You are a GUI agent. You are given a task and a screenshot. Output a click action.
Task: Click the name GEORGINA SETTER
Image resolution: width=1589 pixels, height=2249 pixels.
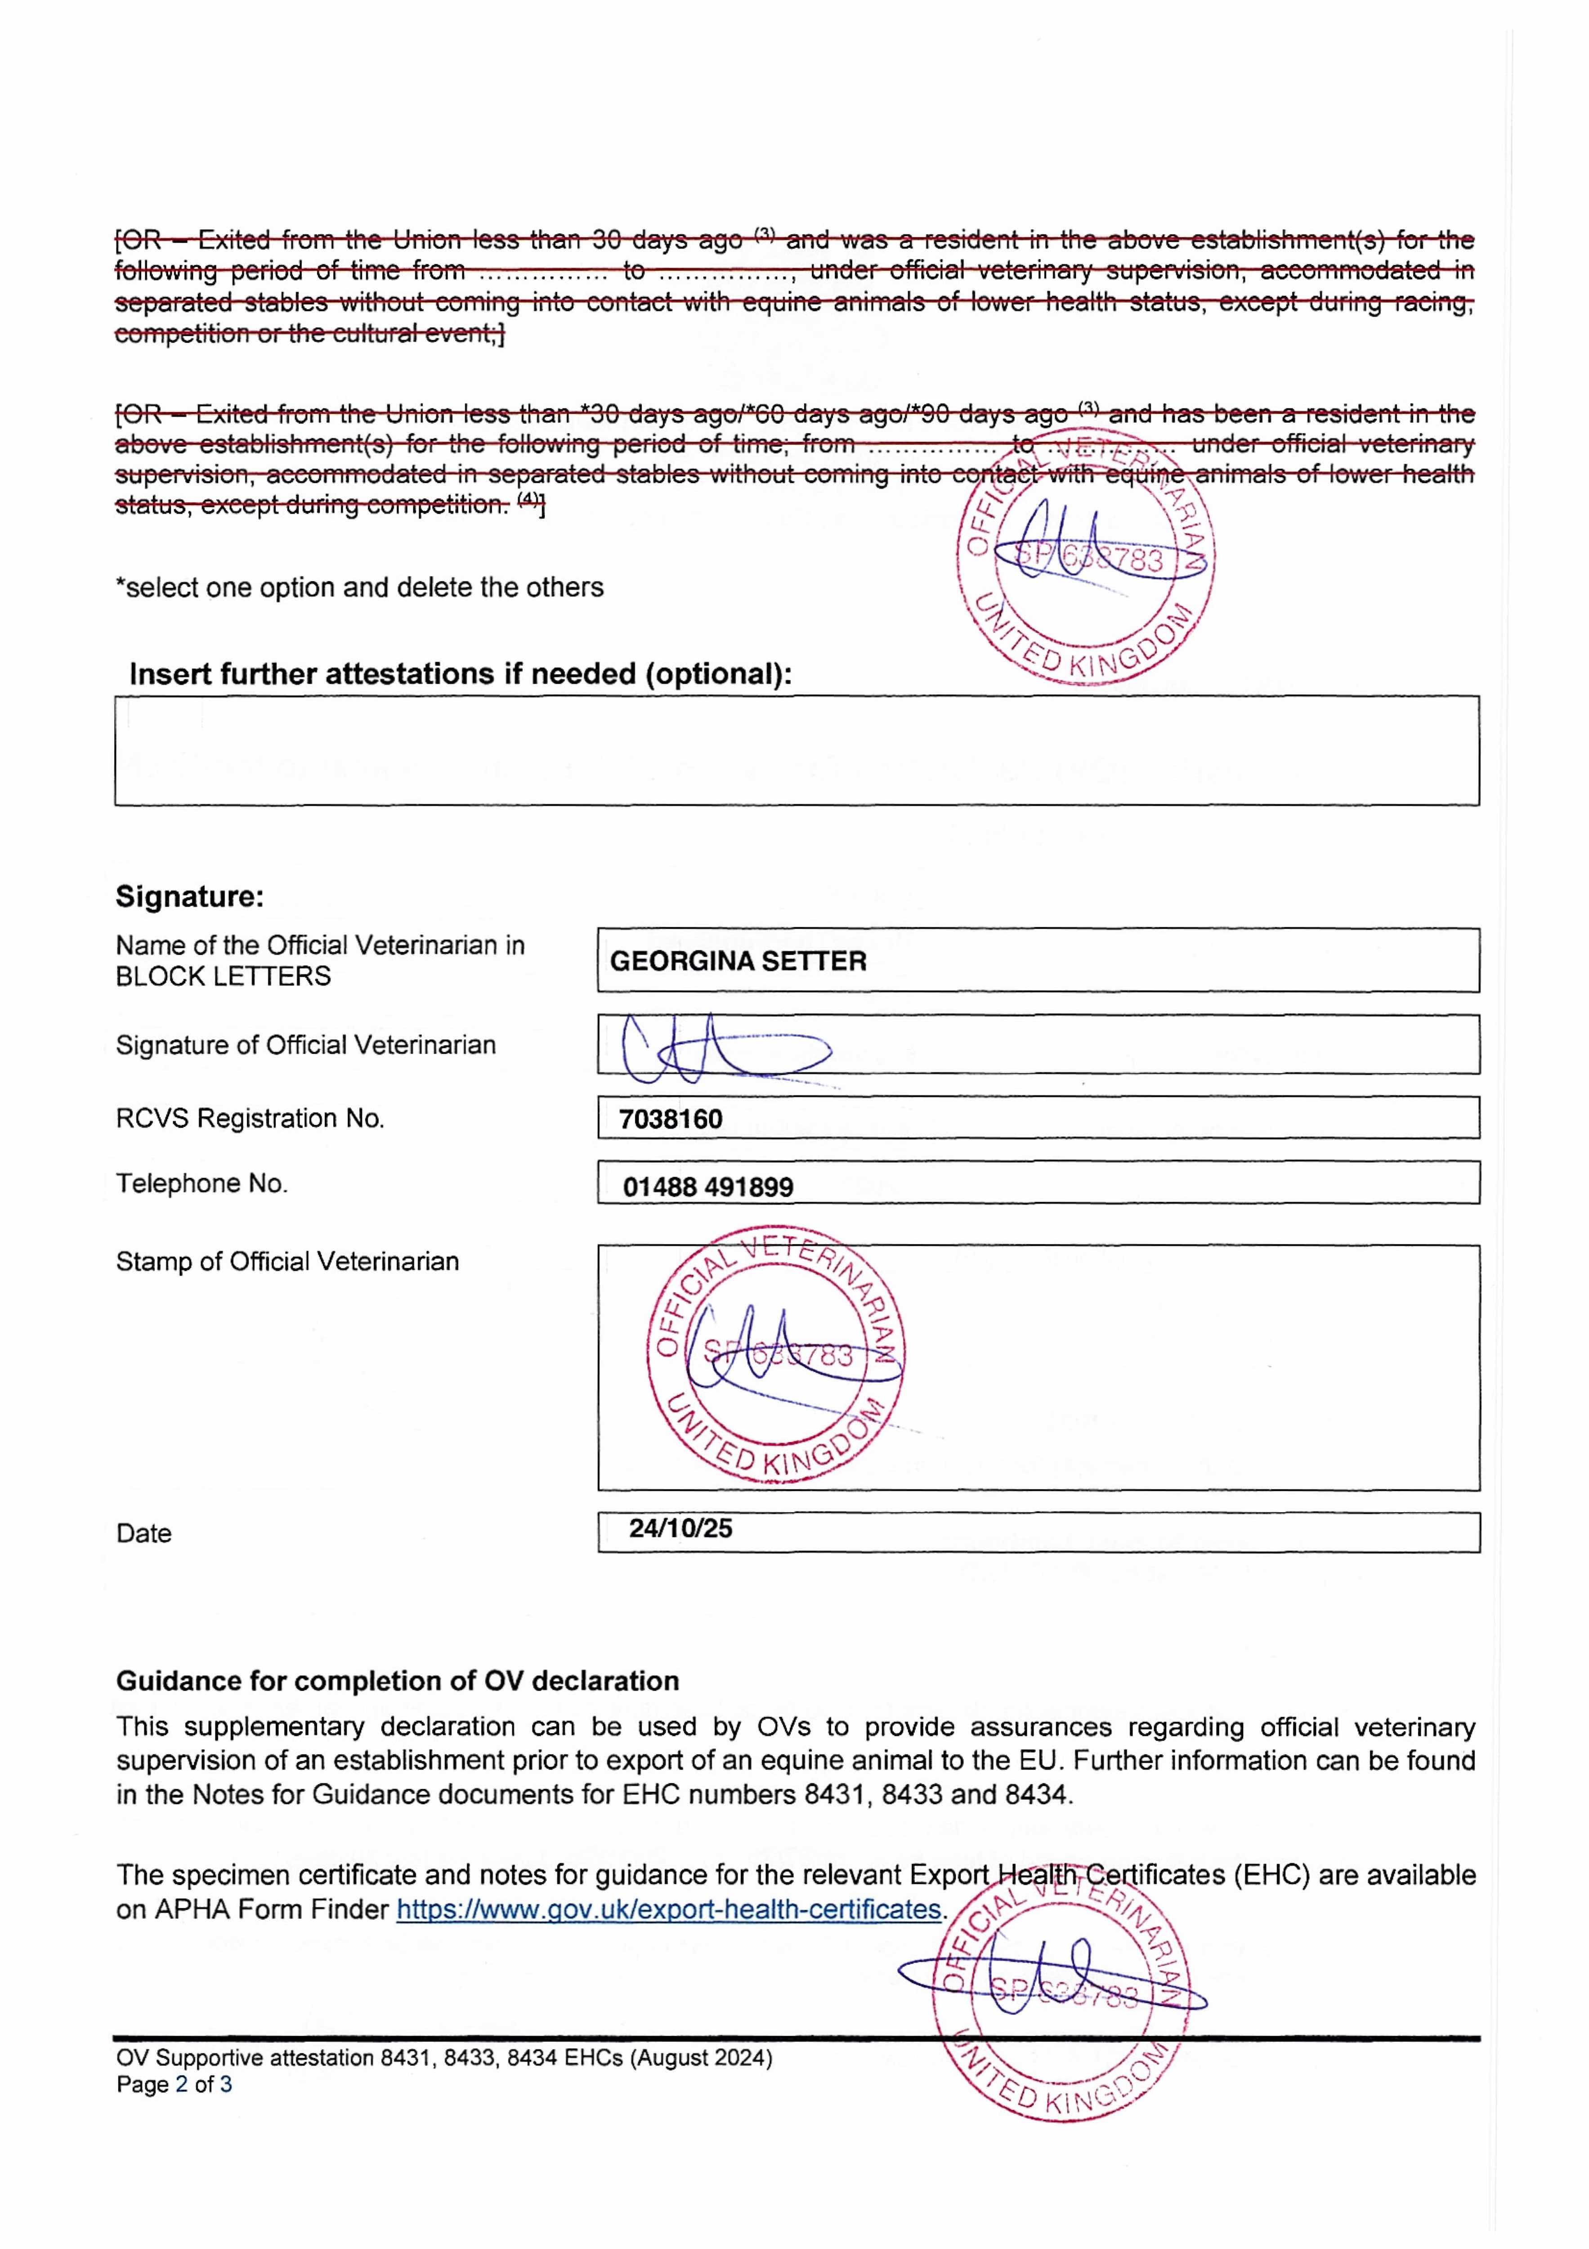pyautogui.click(x=738, y=961)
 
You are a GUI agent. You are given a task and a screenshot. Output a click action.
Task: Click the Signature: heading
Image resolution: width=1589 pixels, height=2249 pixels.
pyautogui.click(x=189, y=896)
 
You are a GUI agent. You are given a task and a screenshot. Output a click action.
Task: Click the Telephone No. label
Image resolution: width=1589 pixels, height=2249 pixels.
pyautogui.click(x=202, y=1183)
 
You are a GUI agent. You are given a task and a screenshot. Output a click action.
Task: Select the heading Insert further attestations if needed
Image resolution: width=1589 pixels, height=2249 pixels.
pyautogui.click(x=461, y=674)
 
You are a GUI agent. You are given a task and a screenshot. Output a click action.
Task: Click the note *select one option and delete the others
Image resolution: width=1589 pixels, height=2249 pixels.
pyautogui.click(x=359, y=588)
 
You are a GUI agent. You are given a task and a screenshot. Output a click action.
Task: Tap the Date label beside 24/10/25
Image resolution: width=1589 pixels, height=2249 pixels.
pyautogui.click(x=143, y=1533)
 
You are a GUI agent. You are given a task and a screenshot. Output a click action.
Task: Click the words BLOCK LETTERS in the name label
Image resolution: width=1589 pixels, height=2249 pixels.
pyautogui.click(x=224, y=977)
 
